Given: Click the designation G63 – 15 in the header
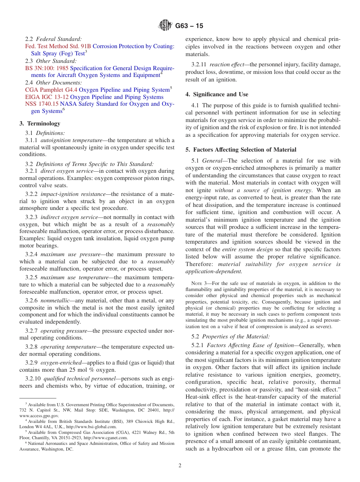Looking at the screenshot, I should [189, 26].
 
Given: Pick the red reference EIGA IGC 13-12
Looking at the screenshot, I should [47, 97].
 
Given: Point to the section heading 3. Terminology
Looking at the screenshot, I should [40, 124].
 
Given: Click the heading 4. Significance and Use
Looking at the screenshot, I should [217, 94].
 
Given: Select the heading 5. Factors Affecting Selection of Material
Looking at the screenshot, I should [241, 150].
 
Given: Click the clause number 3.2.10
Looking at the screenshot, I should [33, 379].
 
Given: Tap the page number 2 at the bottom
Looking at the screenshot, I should [180, 466].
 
